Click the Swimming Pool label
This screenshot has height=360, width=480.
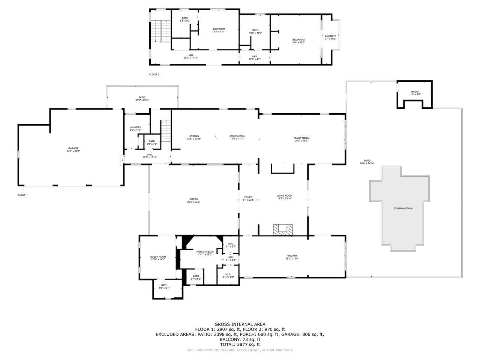click(x=403, y=208)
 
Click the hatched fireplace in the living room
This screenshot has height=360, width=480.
click(x=282, y=229)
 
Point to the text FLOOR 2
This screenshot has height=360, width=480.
click(x=154, y=75)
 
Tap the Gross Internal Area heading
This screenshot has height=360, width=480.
click(x=240, y=324)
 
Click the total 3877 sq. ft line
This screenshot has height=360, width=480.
click(x=240, y=344)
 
